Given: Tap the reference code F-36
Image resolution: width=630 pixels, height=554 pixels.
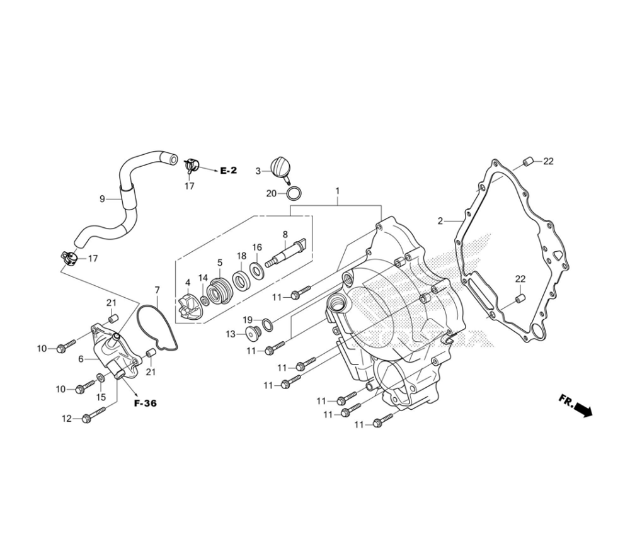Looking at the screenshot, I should coord(145,404).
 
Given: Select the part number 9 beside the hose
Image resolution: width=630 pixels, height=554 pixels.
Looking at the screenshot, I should coord(102,199).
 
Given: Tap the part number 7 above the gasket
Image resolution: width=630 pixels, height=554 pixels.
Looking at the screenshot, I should coord(157,290).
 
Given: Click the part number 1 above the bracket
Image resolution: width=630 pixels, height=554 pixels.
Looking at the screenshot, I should coord(338,190).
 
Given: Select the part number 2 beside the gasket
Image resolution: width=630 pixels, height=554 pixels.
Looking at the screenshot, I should coord(441,221).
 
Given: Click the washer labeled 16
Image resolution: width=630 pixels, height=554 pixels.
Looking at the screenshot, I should coord(257,270).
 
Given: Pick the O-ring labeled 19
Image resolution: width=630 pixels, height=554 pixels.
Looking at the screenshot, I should coord(268,324).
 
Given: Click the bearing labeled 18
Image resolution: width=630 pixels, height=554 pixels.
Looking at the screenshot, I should coord(240,278).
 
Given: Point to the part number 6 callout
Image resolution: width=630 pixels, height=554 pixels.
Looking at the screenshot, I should coord(81,359).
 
